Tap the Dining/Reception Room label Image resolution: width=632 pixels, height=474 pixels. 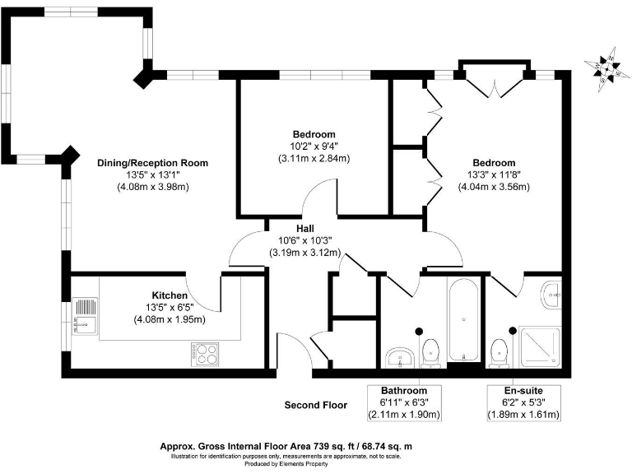coord(153,163)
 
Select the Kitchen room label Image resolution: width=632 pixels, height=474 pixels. coord(170,295)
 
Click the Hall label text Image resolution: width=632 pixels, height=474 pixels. coord(304,229)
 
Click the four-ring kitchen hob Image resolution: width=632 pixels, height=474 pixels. coord(207,353)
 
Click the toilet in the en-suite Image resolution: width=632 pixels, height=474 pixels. coord(499,351)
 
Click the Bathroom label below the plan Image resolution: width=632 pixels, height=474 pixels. coord(404,390)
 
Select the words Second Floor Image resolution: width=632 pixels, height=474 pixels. coord(316,405)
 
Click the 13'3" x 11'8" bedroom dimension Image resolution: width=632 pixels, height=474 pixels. coord(493,174)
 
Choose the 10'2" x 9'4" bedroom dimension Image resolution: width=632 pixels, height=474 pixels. coord(314,147)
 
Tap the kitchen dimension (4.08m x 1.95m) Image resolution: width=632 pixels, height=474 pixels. coord(170,319)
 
